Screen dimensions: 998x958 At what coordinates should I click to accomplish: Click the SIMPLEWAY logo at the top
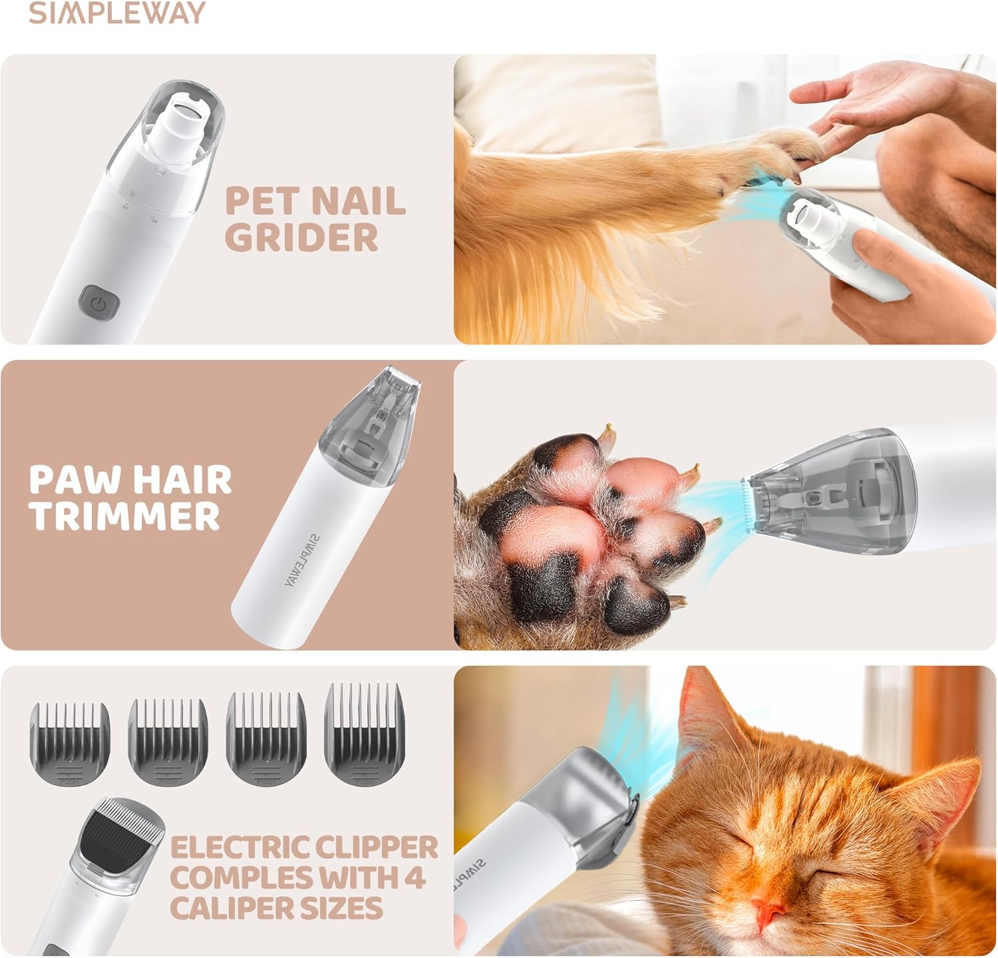tap(117, 13)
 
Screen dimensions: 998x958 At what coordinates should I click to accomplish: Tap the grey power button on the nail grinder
tap(99, 303)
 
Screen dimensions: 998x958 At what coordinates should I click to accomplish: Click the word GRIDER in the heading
tap(301, 237)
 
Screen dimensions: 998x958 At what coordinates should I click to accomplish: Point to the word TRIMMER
tap(124, 516)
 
